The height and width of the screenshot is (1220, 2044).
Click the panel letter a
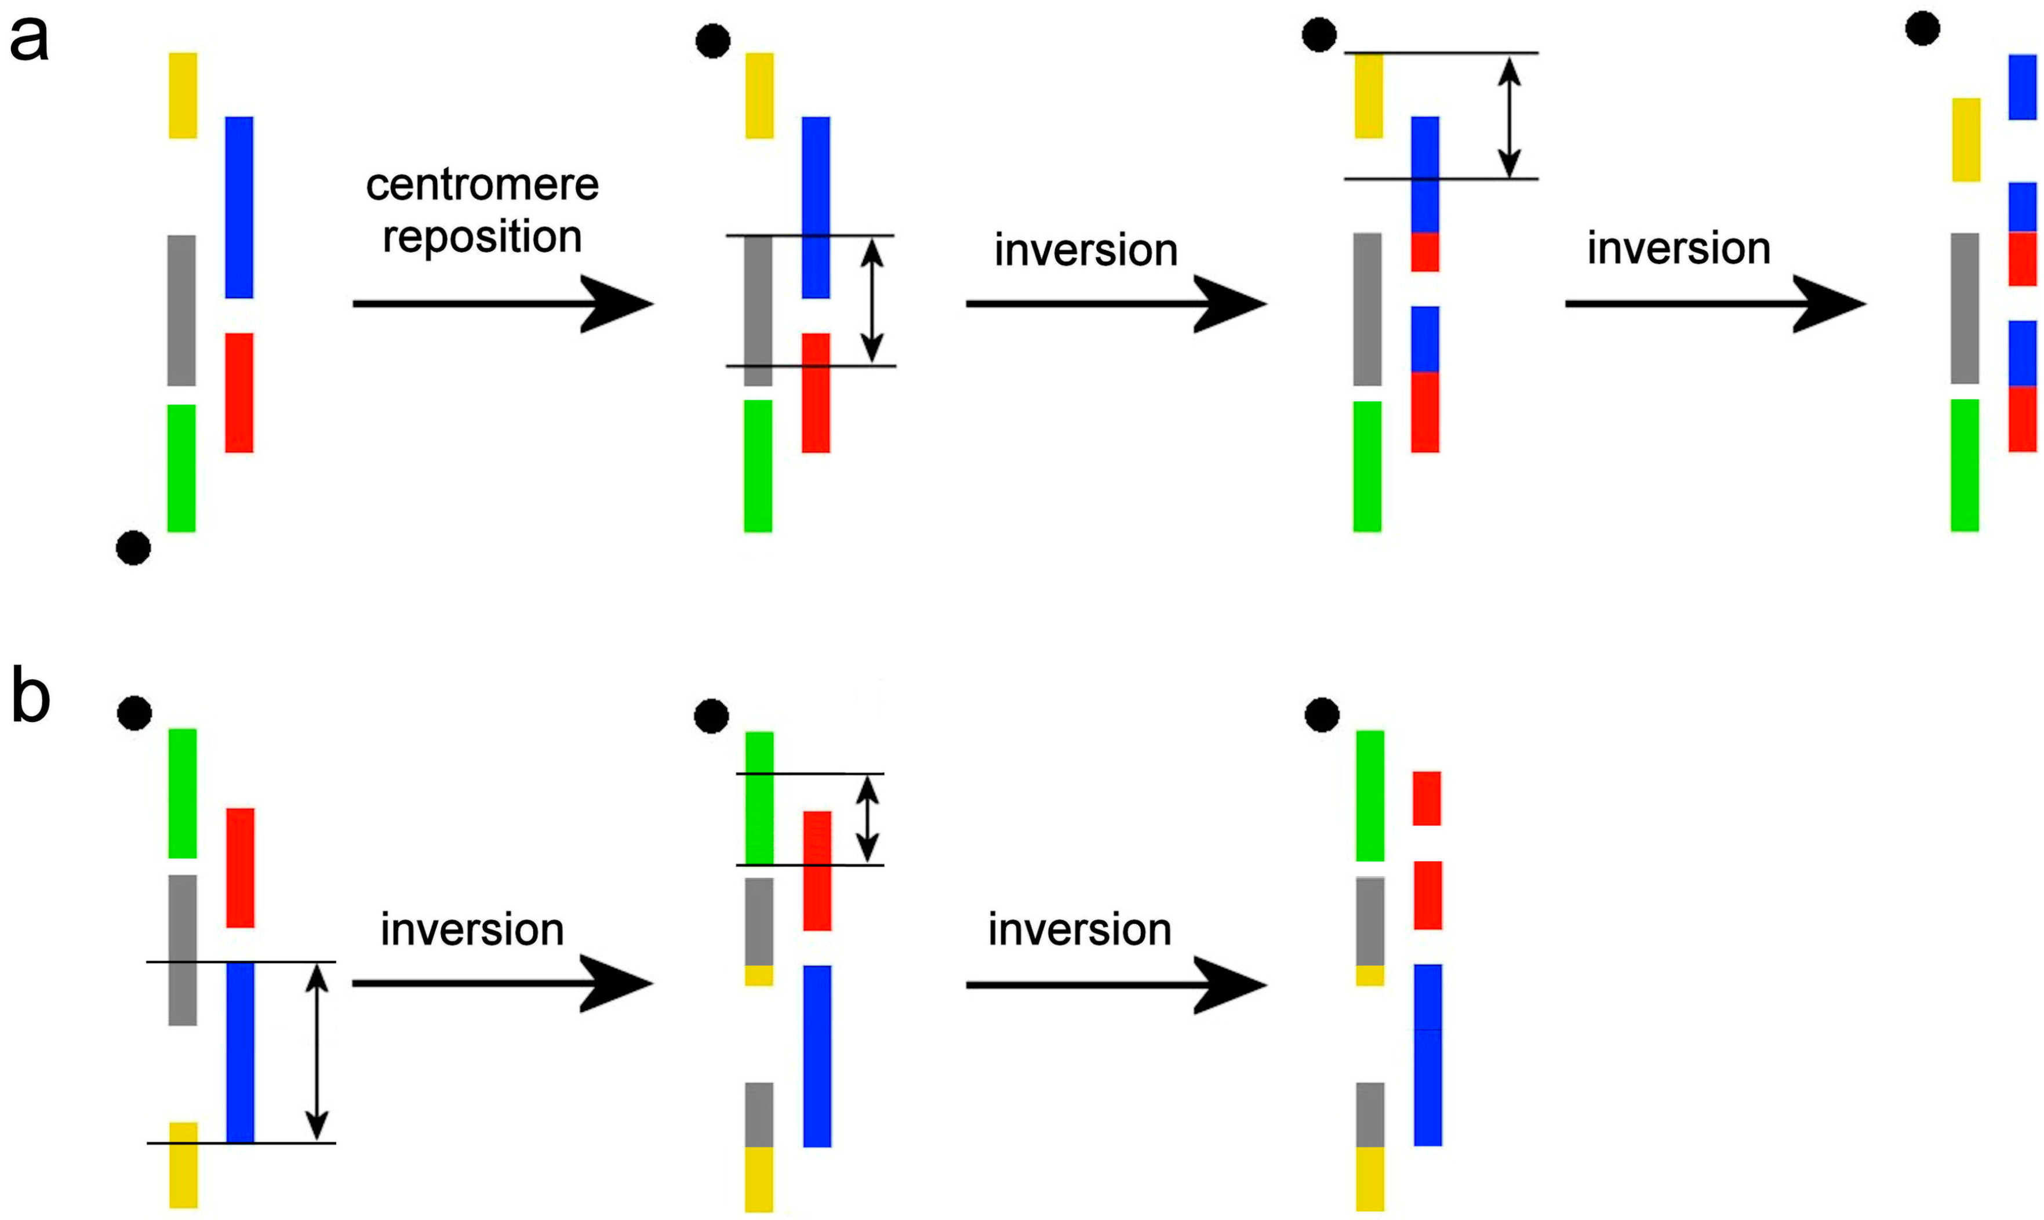point(29,39)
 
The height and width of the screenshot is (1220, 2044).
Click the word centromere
point(482,185)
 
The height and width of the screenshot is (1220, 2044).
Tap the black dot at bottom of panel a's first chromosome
point(133,547)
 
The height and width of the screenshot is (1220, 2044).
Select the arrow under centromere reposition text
point(501,304)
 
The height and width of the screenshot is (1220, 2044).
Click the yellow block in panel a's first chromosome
point(183,95)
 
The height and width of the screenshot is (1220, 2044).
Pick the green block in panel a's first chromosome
point(181,468)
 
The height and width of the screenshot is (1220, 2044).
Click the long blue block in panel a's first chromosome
point(239,207)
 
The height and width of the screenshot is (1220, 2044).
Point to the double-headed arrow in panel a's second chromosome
point(871,301)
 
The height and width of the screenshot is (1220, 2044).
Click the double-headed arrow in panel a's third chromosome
point(1508,116)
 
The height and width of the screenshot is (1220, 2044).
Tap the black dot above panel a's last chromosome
point(1922,29)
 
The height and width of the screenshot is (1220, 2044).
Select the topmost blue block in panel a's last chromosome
point(2023,87)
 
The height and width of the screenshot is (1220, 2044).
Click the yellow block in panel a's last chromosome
point(1966,140)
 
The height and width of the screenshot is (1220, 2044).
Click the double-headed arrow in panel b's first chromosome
point(317,1052)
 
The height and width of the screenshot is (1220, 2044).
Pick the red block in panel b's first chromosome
point(240,868)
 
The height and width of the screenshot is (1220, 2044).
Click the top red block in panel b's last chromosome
point(1427,798)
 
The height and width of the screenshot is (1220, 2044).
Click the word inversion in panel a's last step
point(1678,248)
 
